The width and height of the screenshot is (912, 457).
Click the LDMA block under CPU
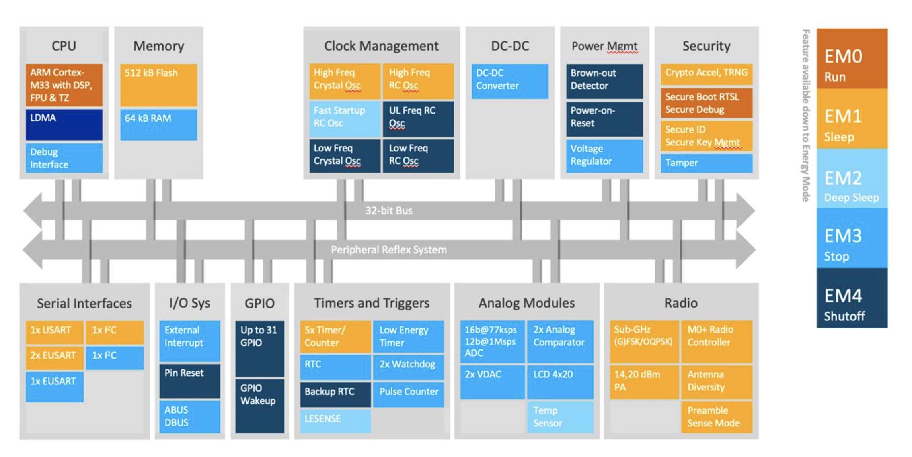coord(64,124)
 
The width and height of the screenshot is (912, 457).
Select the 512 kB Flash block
coord(158,85)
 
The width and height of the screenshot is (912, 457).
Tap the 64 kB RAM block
coord(158,124)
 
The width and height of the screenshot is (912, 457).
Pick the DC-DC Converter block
coord(509,81)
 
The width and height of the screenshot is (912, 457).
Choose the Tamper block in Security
coord(706,163)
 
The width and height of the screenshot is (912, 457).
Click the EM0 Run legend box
coord(852,59)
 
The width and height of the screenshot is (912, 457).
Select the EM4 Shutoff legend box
coord(852,298)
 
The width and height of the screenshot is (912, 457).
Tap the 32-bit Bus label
coord(388,210)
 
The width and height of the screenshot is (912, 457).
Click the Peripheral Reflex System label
coord(388,250)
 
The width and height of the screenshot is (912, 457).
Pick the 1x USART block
coord(54,331)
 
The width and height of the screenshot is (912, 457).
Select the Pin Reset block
coord(189,380)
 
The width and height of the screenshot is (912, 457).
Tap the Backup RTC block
coord(335,394)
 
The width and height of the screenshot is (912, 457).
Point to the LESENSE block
coord(335,420)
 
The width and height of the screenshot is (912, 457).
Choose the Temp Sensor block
coord(560,417)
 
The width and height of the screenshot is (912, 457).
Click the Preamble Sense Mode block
coord(716,417)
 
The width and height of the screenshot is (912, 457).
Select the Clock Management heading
coord(381,46)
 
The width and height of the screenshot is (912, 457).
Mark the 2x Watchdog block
coord(408,366)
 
